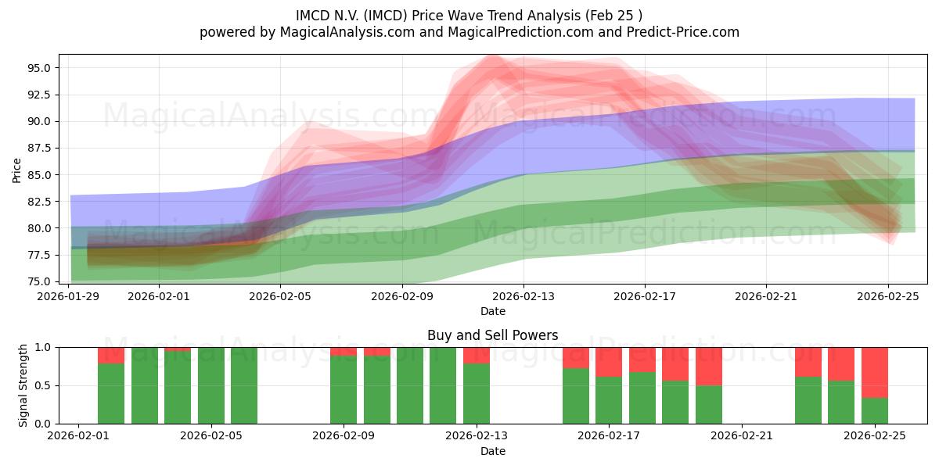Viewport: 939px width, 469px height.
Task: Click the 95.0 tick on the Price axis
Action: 39,68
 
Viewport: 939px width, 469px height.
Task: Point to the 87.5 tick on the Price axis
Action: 39,148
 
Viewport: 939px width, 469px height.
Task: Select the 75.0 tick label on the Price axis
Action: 39,281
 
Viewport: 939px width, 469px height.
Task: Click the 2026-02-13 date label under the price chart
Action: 523,296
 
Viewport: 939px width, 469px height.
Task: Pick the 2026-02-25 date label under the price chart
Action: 887,296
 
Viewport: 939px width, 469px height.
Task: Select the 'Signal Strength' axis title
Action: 23,385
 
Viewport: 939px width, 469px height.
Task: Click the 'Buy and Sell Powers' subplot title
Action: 492,335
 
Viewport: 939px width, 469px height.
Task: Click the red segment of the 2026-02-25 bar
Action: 874,372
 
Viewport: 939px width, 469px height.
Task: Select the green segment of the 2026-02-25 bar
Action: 874,410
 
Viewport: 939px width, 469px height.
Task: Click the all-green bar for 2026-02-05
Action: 244,385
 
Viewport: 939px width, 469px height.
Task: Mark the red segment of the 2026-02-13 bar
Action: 477,355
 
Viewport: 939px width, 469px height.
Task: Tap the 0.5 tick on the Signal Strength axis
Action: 45,385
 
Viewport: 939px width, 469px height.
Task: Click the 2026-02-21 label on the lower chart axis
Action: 740,437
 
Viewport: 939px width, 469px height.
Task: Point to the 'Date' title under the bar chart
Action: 492,451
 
